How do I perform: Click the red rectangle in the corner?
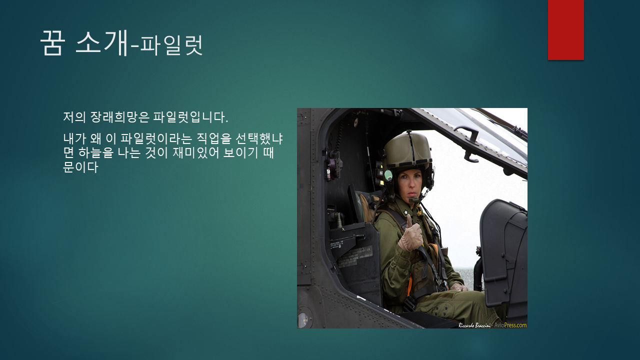(x=565, y=30)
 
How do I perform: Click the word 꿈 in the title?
(x=52, y=43)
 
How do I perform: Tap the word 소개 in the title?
(x=101, y=43)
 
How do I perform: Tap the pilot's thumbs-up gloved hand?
(x=410, y=237)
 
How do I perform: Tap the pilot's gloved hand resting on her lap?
(x=457, y=287)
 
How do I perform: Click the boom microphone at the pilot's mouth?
(x=414, y=200)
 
